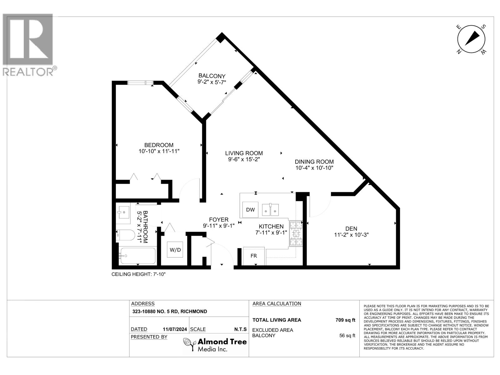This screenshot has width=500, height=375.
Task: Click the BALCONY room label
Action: coord(212,76)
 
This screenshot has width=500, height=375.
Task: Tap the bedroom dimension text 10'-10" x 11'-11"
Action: coord(159,151)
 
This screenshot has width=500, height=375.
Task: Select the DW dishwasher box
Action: coord(250,210)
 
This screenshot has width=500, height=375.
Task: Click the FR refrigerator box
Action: coord(254,256)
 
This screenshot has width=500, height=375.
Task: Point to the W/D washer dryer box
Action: coord(175,250)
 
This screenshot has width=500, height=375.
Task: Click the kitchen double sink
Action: coord(270,210)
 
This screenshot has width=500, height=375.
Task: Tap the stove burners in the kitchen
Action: coord(296,233)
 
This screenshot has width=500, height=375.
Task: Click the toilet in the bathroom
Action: coord(125,235)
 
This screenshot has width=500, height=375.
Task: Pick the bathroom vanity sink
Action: coord(123,213)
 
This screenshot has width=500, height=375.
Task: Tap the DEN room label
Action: coord(351,229)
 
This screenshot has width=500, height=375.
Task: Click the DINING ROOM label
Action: coord(314,162)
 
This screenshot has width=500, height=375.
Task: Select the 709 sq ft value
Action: coord(345,320)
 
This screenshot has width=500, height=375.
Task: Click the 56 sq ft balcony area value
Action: coord(347,336)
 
